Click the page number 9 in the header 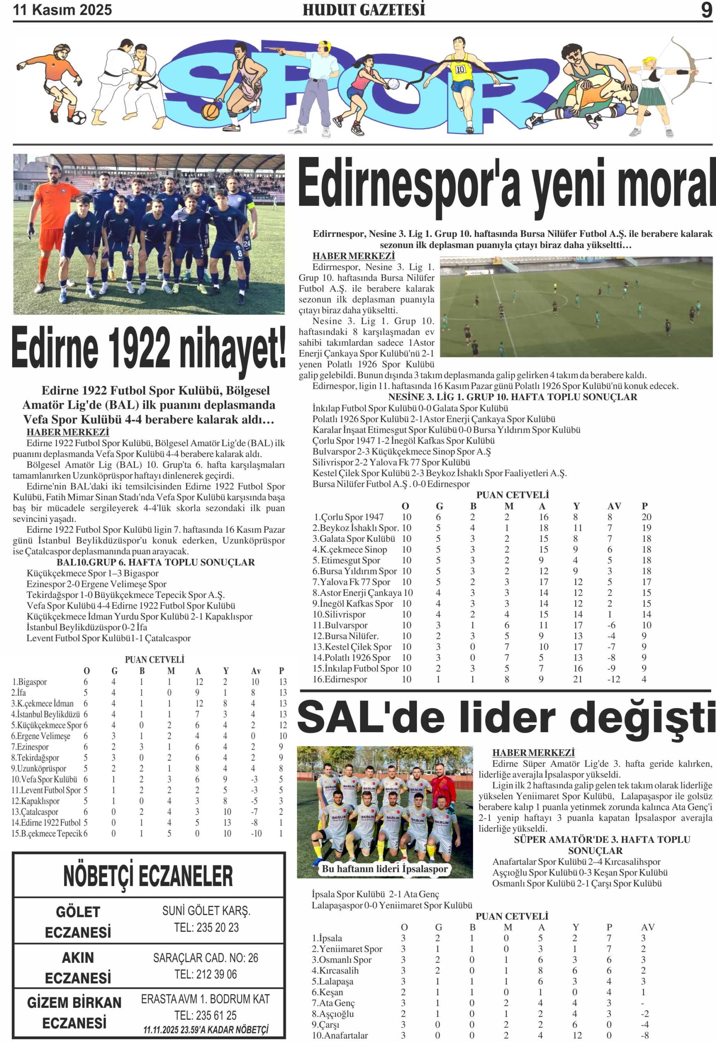click(x=706, y=10)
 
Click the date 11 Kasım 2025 click(x=62, y=10)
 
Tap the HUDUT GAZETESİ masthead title click(x=364, y=10)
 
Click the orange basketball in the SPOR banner click(x=210, y=111)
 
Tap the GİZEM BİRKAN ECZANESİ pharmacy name click(x=74, y=1013)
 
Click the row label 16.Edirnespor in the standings click(x=340, y=679)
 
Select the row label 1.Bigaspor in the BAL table click(x=29, y=682)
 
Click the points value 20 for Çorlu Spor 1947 click(x=646, y=517)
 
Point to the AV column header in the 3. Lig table click(x=614, y=506)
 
